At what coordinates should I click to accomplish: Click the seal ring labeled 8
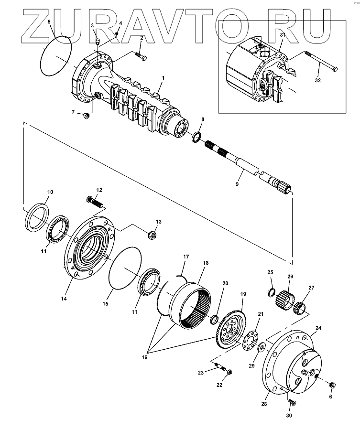(196, 138)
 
